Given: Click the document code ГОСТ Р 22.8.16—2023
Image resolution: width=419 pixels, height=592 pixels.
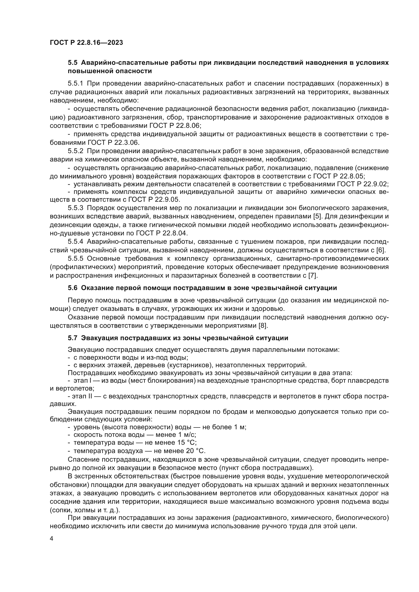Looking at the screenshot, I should [86, 43].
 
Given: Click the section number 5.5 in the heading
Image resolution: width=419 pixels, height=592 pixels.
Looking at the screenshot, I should [72, 63].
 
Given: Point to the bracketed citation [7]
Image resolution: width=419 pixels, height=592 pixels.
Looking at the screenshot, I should [313, 275].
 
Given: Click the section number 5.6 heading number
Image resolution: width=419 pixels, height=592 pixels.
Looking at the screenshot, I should [72, 288].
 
